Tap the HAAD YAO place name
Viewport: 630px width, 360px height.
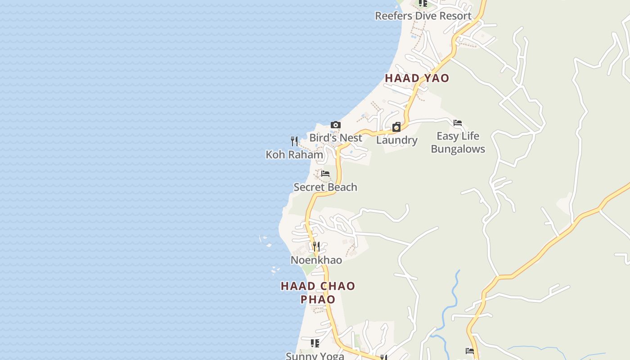417,78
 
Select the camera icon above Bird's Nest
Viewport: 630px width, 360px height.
335,125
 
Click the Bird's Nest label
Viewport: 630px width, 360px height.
335,138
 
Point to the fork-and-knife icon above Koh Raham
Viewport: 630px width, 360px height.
294,141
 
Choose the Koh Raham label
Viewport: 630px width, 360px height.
294,155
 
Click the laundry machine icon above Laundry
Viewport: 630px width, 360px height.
396,127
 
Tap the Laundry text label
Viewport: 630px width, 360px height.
396,140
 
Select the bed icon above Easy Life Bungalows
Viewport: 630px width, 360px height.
458,123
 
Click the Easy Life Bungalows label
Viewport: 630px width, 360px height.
458,142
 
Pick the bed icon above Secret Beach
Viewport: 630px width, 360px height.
325,174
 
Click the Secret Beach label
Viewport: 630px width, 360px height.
325,187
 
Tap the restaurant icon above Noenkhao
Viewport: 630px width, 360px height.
316,247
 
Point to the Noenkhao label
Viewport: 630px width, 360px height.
316,260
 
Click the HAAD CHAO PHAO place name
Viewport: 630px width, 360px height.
318,292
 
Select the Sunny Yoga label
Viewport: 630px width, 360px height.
315,356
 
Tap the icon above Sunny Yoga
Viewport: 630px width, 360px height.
315,343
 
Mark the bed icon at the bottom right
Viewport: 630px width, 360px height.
470,351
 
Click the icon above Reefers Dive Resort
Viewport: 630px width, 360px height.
423,3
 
